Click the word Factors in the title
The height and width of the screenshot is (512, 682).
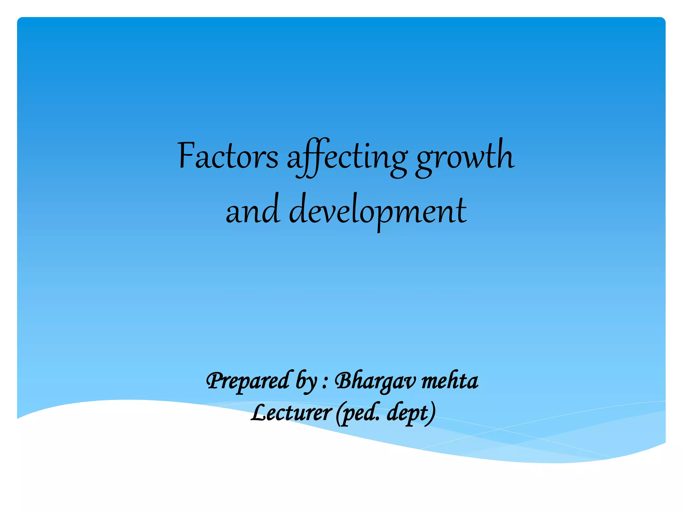click(228, 156)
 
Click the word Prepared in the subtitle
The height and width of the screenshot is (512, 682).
click(248, 381)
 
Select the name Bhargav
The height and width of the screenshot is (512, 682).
click(375, 381)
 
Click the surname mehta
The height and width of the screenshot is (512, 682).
click(450, 381)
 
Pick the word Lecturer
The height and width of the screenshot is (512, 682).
click(291, 413)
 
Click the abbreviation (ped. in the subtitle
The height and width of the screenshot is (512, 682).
click(358, 414)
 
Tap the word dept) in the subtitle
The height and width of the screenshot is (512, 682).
click(411, 414)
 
